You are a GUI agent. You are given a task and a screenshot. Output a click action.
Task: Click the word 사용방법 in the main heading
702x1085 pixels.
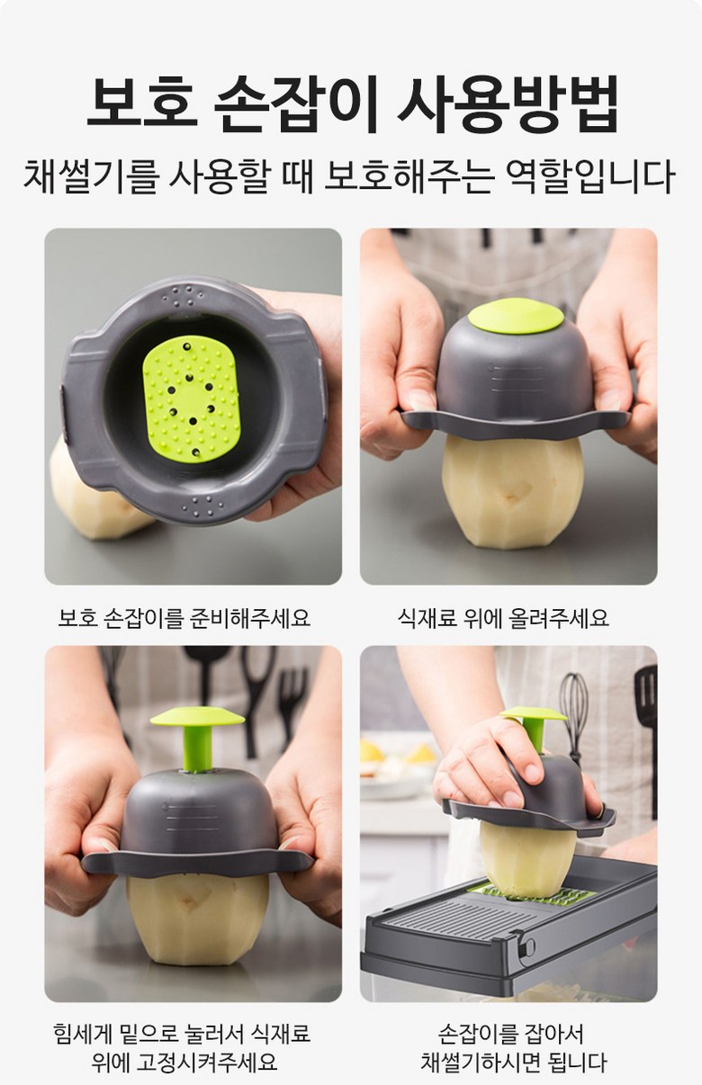pyautogui.click(x=508, y=103)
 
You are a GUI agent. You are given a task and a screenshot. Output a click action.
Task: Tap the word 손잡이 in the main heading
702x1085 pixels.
pyautogui.click(x=295, y=103)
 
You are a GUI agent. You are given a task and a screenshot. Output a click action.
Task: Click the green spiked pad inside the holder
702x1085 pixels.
pyautogui.click(x=192, y=399)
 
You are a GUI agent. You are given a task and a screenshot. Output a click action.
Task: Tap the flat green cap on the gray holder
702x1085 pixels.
pyautogui.click(x=516, y=316)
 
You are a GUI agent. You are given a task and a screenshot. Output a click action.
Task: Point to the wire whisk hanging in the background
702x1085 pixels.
pyautogui.click(x=574, y=709)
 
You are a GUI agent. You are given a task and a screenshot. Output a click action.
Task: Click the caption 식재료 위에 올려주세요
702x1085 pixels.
pyautogui.click(x=502, y=617)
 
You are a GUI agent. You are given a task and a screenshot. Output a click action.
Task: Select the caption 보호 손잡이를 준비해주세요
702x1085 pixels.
pyautogui.click(x=184, y=617)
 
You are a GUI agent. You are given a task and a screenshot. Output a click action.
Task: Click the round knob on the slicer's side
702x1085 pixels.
pyautogui.click(x=528, y=946)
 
